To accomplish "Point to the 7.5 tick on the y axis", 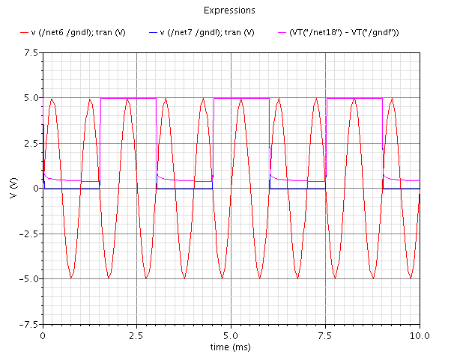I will click(30, 53).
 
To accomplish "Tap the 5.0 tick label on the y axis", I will click(30, 98).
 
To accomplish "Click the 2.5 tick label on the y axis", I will click(30, 143).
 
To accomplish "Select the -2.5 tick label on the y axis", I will click(27, 234).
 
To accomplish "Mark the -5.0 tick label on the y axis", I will click(27, 278).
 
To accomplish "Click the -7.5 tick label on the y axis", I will click(27, 324).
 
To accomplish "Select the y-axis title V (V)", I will click(11, 188).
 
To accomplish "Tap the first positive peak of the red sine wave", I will click(52, 99).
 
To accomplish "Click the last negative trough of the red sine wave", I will click(410, 278).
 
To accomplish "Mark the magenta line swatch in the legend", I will click(282, 33).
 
